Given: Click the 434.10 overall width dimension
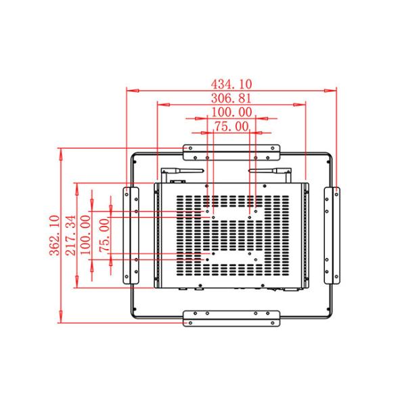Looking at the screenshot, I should point(231,84).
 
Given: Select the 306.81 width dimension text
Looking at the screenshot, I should point(231,99).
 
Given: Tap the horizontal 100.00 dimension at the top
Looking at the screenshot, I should point(231,112).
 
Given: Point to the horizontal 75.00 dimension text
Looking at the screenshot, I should point(231,127).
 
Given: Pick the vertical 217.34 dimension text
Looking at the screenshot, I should point(71,235).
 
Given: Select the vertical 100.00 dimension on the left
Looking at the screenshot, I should point(86,235).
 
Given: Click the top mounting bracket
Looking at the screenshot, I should point(231,148).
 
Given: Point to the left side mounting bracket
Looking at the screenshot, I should point(131,235).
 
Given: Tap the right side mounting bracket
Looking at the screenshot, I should point(332,235).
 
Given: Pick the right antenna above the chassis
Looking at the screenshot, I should point(269,171).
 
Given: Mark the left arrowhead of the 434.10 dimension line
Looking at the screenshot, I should point(129,89).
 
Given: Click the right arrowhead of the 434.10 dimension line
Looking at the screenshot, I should point(334,89).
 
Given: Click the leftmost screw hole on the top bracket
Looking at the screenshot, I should point(190,148).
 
